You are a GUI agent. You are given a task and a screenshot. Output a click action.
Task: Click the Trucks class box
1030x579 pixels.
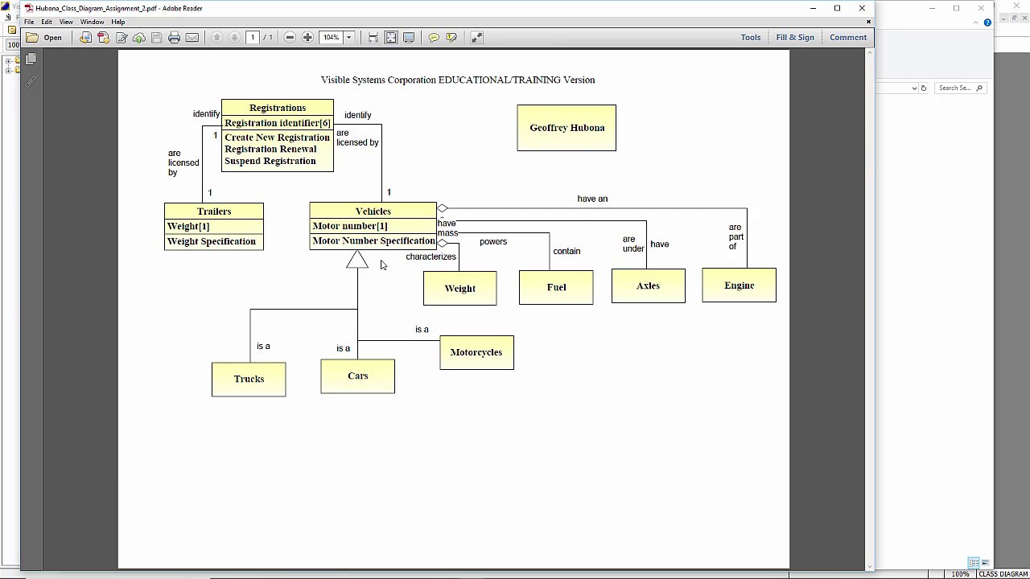coord(249,379)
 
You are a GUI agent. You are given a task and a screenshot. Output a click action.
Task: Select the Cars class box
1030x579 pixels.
coord(357,376)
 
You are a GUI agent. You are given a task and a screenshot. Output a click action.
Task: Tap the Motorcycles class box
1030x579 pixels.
coord(476,352)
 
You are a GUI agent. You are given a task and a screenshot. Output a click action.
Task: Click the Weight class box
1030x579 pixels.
coord(459,288)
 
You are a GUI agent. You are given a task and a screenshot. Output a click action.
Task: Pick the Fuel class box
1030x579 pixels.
coord(556,287)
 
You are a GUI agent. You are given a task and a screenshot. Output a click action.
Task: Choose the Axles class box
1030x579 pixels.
coord(648,285)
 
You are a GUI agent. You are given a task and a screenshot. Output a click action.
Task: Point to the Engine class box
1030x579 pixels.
coord(739,285)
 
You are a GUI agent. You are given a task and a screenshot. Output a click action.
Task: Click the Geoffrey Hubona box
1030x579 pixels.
coord(566,128)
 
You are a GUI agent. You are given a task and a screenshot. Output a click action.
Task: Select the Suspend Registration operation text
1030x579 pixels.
coord(270,161)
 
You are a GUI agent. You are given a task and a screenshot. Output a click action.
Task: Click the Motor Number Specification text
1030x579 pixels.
coord(373,240)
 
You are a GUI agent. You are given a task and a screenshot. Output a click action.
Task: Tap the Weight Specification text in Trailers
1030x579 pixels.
coord(211,241)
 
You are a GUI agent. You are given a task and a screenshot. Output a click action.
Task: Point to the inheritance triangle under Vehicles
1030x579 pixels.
coord(357,260)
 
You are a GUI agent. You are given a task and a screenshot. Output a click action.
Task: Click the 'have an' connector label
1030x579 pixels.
coord(592,199)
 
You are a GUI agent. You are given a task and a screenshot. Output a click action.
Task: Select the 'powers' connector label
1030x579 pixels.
coord(493,241)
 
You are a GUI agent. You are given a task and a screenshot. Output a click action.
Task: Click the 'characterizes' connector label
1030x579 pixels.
coord(431,257)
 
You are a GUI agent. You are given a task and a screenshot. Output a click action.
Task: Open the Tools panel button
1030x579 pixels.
coord(751,37)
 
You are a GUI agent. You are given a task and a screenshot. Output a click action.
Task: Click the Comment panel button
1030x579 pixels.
coord(848,37)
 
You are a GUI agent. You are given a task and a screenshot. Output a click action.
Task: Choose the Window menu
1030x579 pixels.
coord(92,22)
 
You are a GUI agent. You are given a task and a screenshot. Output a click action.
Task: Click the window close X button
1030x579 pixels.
coord(862,8)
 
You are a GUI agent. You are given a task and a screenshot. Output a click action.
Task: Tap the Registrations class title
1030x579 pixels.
coord(278,108)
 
